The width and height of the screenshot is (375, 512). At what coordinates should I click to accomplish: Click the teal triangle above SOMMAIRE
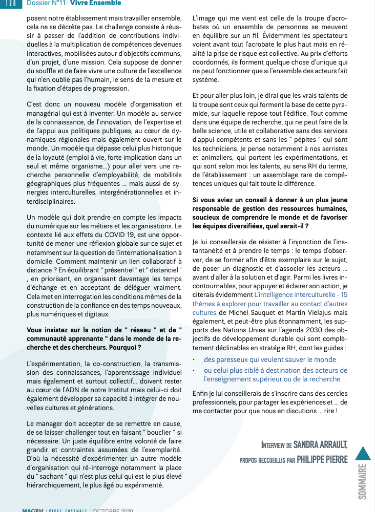tap(363, 454)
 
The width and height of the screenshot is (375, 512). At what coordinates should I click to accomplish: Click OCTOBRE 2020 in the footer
tap(112, 510)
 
